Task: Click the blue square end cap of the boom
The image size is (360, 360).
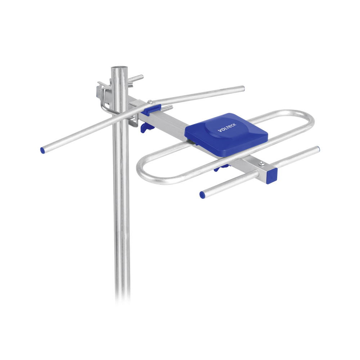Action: click(272, 175)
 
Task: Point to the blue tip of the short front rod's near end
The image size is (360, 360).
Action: click(202, 195)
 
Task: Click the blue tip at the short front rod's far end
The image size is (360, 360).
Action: click(317, 149)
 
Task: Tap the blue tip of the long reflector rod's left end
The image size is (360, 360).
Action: click(42, 150)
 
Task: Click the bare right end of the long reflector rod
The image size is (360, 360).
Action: click(243, 88)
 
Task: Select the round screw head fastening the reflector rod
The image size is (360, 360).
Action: click(148, 102)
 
